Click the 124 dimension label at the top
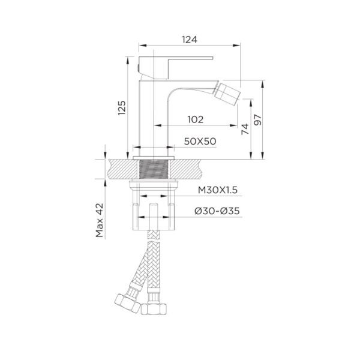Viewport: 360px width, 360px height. (x=190, y=40)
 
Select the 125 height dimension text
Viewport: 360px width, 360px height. (x=122, y=107)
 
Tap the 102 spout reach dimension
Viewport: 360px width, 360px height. (x=196, y=119)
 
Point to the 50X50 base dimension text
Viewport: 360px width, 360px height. (x=200, y=141)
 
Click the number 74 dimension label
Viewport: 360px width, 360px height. (x=245, y=129)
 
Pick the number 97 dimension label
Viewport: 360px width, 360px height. (x=258, y=119)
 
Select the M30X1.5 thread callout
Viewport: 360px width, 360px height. (x=218, y=190)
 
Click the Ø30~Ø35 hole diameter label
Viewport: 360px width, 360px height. (x=217, y=211)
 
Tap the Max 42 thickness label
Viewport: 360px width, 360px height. (x=100, y=220)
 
